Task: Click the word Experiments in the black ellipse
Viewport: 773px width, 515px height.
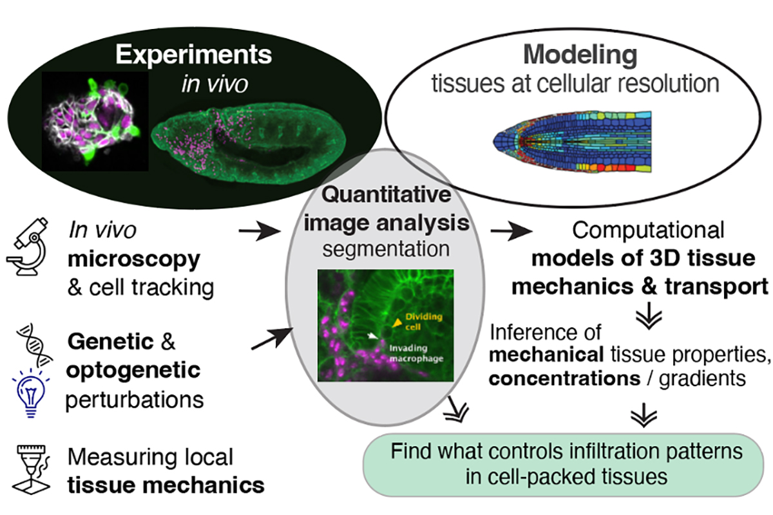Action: pos(193,55)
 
